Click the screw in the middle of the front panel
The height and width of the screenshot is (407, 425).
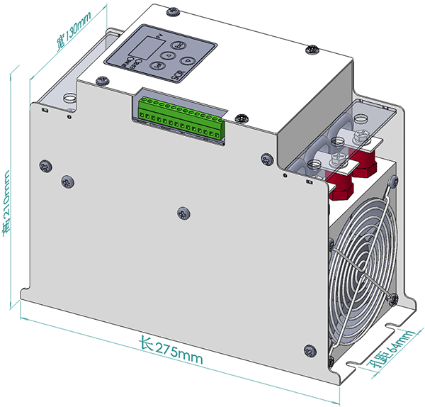[x=182, y=212]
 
